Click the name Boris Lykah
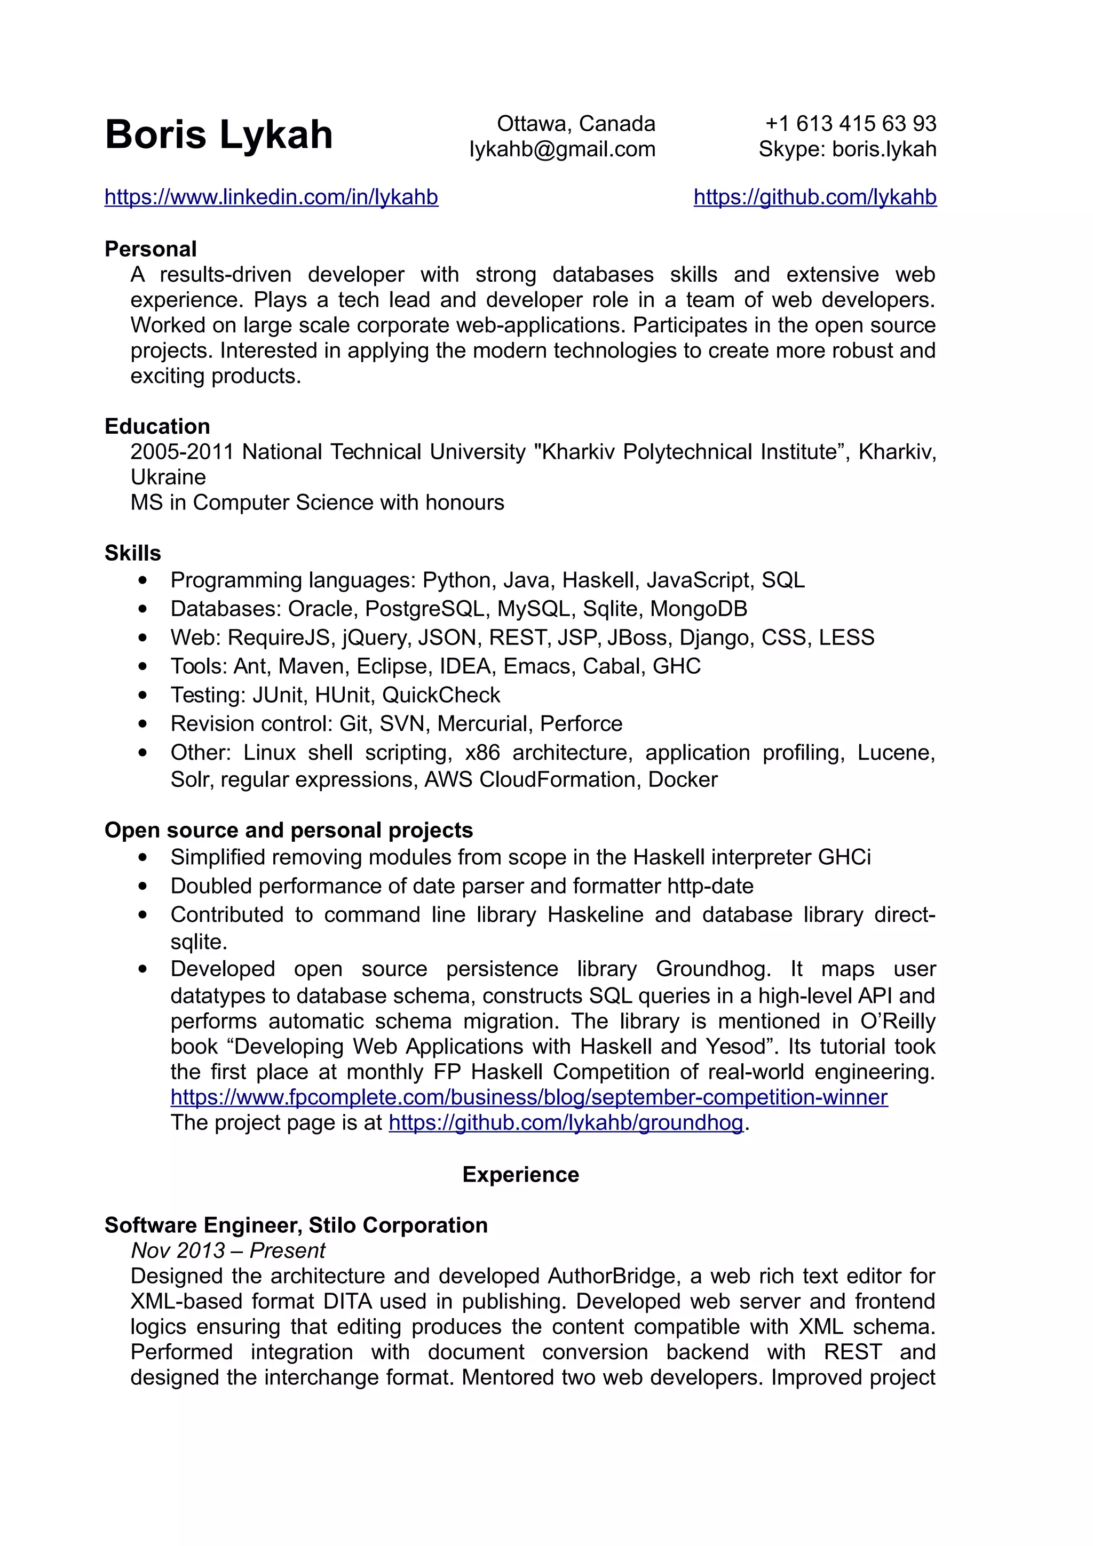219,134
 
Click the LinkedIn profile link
272,197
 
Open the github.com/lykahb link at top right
815,197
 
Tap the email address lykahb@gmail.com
563,149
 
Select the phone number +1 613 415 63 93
851,123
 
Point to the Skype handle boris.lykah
884,149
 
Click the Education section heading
157,426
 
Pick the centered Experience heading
520,1174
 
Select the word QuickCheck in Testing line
441,695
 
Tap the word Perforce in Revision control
581,723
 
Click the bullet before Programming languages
142,580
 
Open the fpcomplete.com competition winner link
529,1097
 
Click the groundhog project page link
566,1122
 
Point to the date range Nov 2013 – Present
228,1250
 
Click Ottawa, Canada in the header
576,123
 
